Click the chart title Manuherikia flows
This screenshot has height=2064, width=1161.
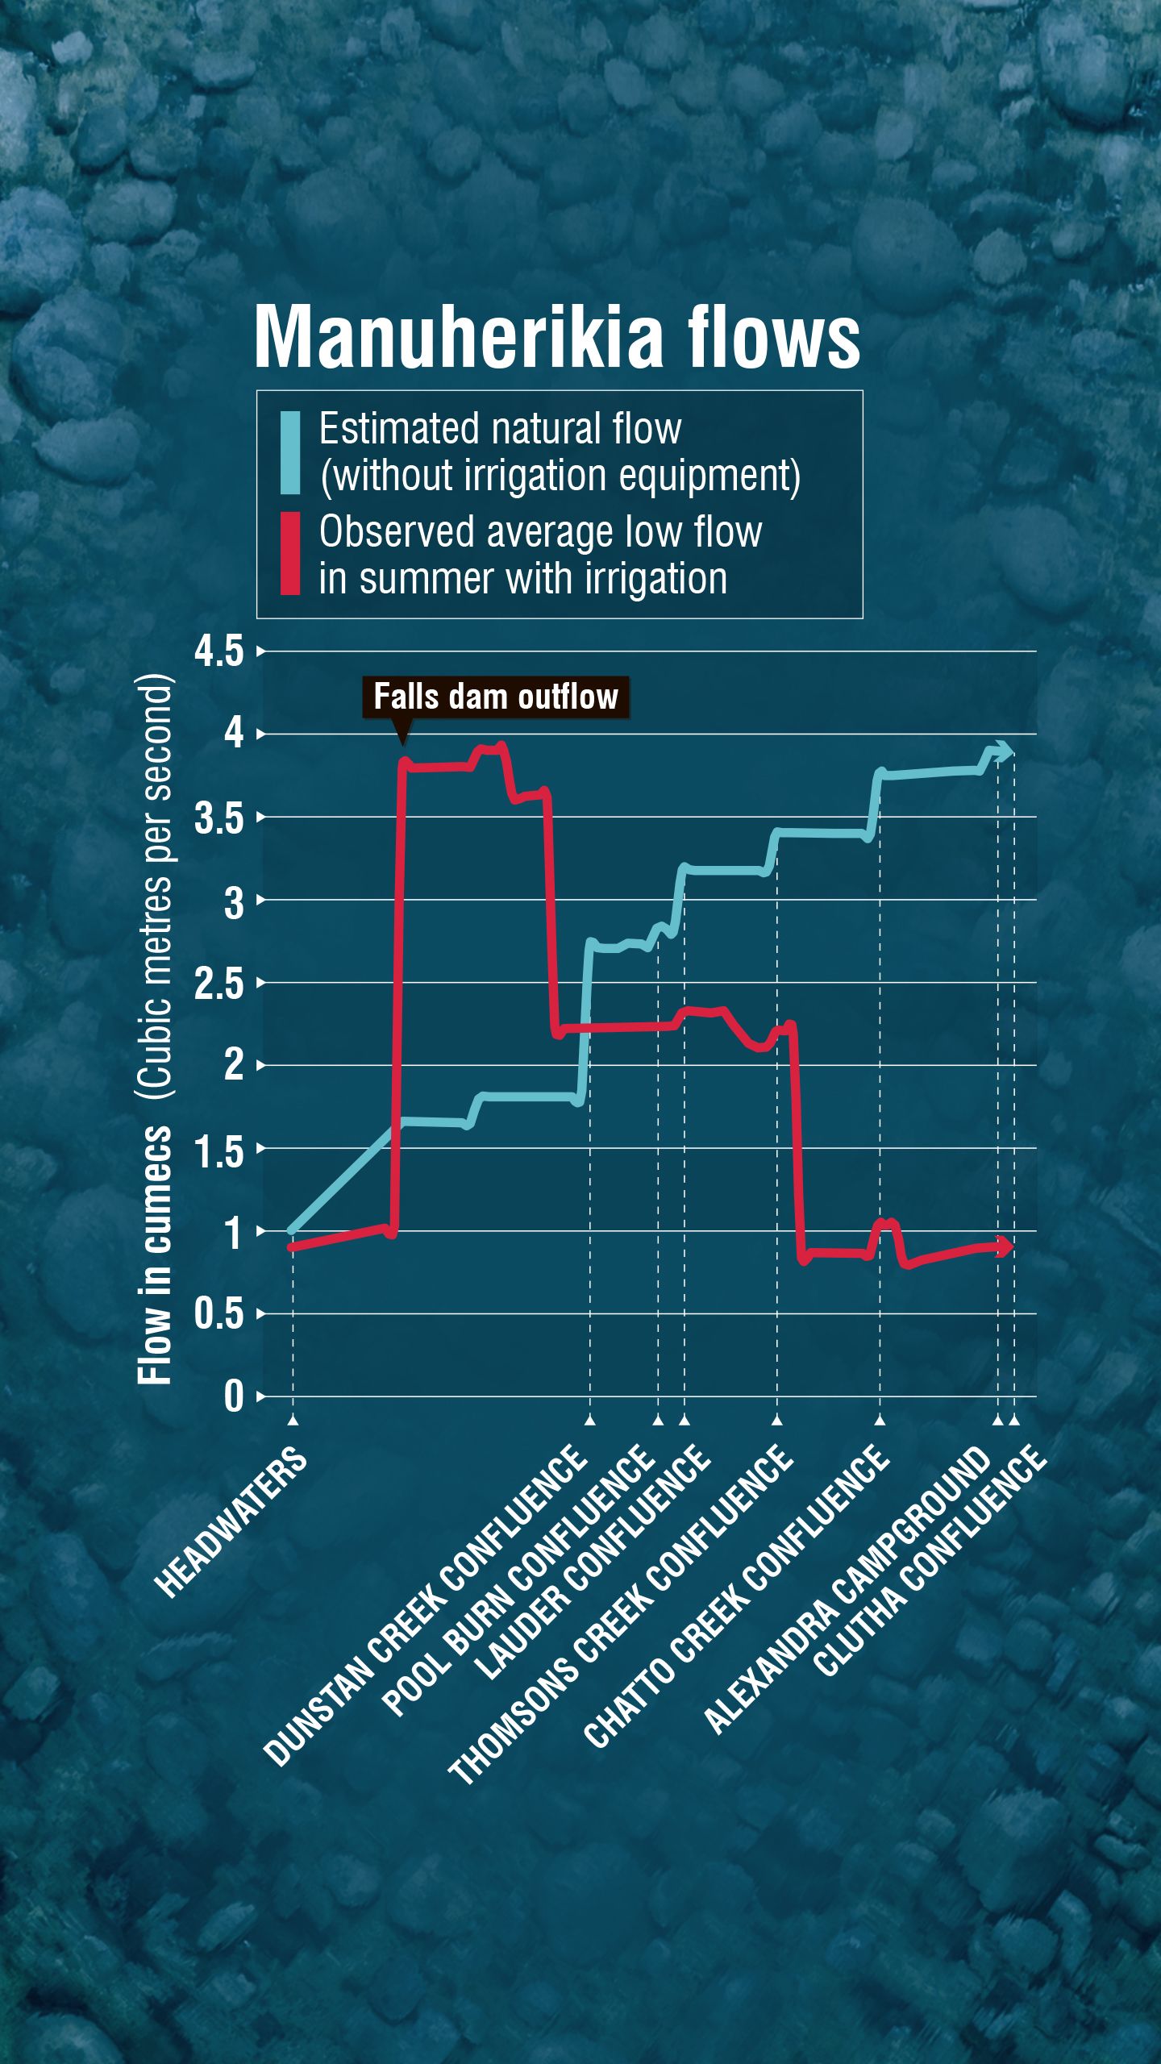(x=557, y=337)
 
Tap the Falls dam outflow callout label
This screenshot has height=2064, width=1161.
(x=496, y=697)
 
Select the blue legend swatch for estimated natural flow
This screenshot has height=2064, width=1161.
(x=290, y=452)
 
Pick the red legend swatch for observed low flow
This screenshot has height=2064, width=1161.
(x=290, y=554)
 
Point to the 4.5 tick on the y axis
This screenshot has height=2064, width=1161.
(x=218, y=651)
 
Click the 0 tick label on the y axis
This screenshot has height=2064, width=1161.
(x=234, y=1397)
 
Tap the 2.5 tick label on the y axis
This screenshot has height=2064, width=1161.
(x=218, y=983)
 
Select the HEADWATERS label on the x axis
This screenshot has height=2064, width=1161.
(x=231, y=1522)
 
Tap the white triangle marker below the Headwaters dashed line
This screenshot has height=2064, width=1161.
(x=293, y=1420)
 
